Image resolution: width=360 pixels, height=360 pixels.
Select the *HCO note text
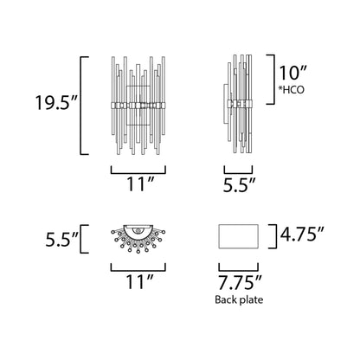293,89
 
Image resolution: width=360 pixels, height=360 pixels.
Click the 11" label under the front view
134,183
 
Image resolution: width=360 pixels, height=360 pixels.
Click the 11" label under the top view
134,280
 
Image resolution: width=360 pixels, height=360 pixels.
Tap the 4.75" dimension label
302,233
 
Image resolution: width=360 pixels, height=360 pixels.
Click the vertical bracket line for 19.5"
82,105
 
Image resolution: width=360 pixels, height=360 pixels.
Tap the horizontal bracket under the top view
134,264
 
